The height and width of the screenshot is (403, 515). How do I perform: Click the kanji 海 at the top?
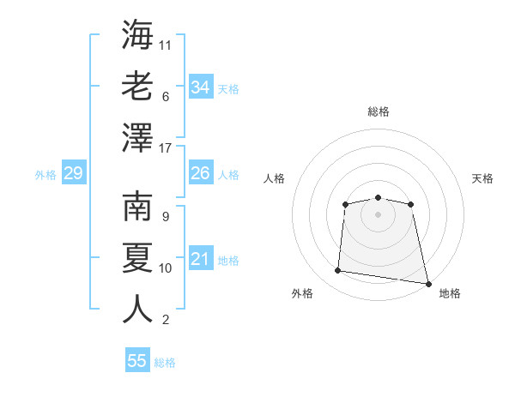click(137, 34)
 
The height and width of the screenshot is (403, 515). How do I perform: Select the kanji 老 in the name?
click(137, 86)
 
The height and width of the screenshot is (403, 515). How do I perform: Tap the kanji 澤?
click(137, 137)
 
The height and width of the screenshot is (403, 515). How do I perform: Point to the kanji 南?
click(137, 207)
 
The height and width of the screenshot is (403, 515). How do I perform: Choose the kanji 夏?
click(137, 258)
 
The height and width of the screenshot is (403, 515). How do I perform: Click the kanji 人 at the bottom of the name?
click(137, 309)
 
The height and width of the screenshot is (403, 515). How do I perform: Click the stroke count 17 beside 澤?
click(165, 148)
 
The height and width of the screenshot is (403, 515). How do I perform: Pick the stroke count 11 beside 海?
click(165, 45)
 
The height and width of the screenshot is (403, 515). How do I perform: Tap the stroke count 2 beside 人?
click(166, 320)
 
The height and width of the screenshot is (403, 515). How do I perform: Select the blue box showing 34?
click(201, 87)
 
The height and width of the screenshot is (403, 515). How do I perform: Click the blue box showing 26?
click(201, 172)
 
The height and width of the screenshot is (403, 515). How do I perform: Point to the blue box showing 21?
click(201, 257)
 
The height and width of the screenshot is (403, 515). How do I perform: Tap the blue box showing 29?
click(74, 172)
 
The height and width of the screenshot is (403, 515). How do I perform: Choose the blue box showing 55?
click(137, 359)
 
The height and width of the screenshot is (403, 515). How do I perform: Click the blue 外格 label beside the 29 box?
click(45, 175)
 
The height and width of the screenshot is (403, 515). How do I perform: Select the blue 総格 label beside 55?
click(165, 363)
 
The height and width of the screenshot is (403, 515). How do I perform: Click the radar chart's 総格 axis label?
click(379, 111)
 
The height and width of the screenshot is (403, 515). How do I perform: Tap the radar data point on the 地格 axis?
click(428, 284)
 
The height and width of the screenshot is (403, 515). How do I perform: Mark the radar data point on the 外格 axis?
click(337, 270)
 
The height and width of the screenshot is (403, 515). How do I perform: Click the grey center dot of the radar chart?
click(378, 214)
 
